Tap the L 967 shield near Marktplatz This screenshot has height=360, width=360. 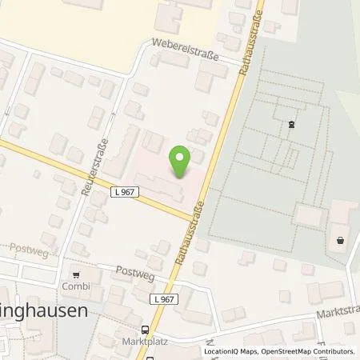click(162, 298)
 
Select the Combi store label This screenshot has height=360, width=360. click(77, 285)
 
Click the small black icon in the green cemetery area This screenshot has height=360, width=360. click(290, 123)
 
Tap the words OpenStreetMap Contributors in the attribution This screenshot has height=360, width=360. click(308, 351)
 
